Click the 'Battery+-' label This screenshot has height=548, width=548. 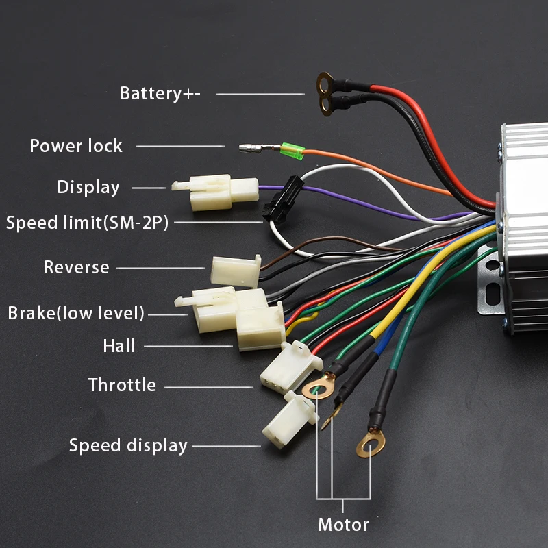(160, 93)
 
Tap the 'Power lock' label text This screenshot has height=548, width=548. (75, 146)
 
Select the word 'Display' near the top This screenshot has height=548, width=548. (88, 188)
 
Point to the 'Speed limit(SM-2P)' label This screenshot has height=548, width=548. (87, 223)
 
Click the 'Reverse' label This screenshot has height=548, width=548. (76, 267)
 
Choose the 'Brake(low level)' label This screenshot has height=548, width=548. (76, 314)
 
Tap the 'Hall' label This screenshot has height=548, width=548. (119, 346)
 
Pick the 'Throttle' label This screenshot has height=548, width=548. (122, 385)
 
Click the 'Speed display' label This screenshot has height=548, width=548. (128, 446)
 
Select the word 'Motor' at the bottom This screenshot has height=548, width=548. (343, 525)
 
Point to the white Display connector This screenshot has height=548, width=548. (214, 192)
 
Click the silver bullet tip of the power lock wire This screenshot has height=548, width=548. (248, 147)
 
